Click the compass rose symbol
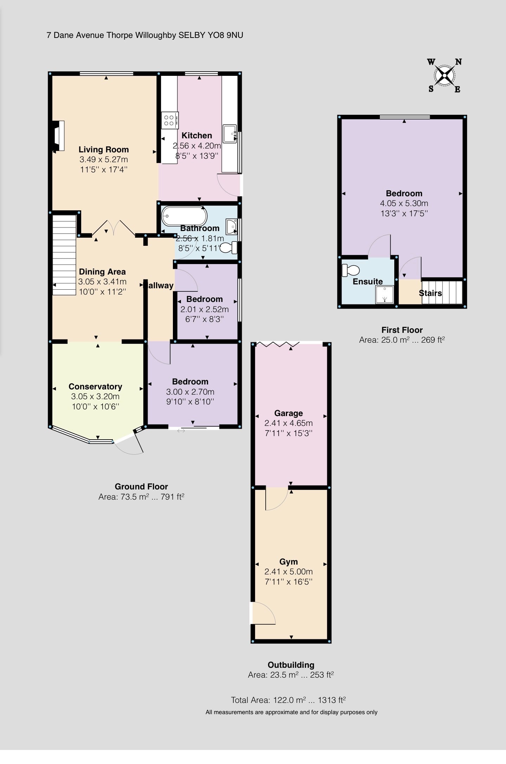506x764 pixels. pyautogui.click(x=445, y=75)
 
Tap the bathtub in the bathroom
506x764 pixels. pyautogui.click(x=184, y=216)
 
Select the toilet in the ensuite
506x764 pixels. pyautogui.click(x=351, y=270)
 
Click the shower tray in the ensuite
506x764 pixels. pyautogui.click(x=385, y=294)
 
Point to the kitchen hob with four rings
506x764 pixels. pyautogui.click(x=170, y=120)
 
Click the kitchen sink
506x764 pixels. pyautogui.click(x=230, y=134)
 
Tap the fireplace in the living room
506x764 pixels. pyautogui.click(x=58, y=136)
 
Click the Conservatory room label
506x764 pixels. pyautogui.click(x=95, y=387)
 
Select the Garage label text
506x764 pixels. pyautogui.click(x=288, y=413)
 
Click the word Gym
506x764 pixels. pyautogui.click(x=288, y=562)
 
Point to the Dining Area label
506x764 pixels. pyautogui.click(x=102, y=272)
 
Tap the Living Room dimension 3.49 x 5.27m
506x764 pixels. pyautogui.click(x=104, y=160)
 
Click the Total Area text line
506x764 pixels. pyautogui.click(x=288, y=700)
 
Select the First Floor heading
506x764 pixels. pyautogui.click(x=402, y=330)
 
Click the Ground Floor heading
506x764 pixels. pyautogui.click(x=141, y=487)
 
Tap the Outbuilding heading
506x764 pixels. pyautogui.click(x=291, y=665)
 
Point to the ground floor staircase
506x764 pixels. pyautogui.click(x=64, y=255)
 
